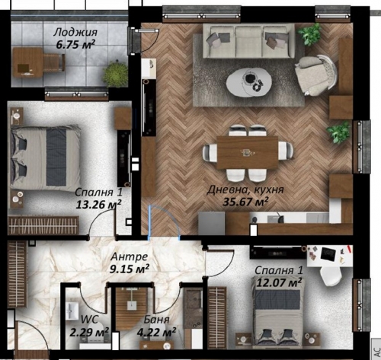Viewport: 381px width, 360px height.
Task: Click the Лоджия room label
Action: (75, 33)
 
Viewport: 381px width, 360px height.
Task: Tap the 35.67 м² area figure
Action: (245, 202)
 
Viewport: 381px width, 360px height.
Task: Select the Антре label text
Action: (130, 256)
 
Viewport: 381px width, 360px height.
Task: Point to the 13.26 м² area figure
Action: (98, 204)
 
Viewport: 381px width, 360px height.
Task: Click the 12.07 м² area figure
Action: (279, 282)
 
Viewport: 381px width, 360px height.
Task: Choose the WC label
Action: (89, 319)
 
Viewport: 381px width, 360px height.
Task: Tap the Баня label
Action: (156, 320)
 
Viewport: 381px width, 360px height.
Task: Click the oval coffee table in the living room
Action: (249, 82)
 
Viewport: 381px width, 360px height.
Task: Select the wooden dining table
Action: (248, 152)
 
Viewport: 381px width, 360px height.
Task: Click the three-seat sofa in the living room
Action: (249, 41)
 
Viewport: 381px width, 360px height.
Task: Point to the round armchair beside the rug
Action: (316, 75)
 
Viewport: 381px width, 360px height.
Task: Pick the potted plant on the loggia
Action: (116, 72)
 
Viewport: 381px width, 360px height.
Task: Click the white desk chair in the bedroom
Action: (330, 276)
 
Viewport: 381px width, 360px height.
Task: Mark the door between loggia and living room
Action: (146, 40)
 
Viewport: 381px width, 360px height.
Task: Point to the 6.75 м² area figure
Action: (75, 44)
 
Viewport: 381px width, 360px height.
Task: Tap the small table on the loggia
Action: (27, 62)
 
